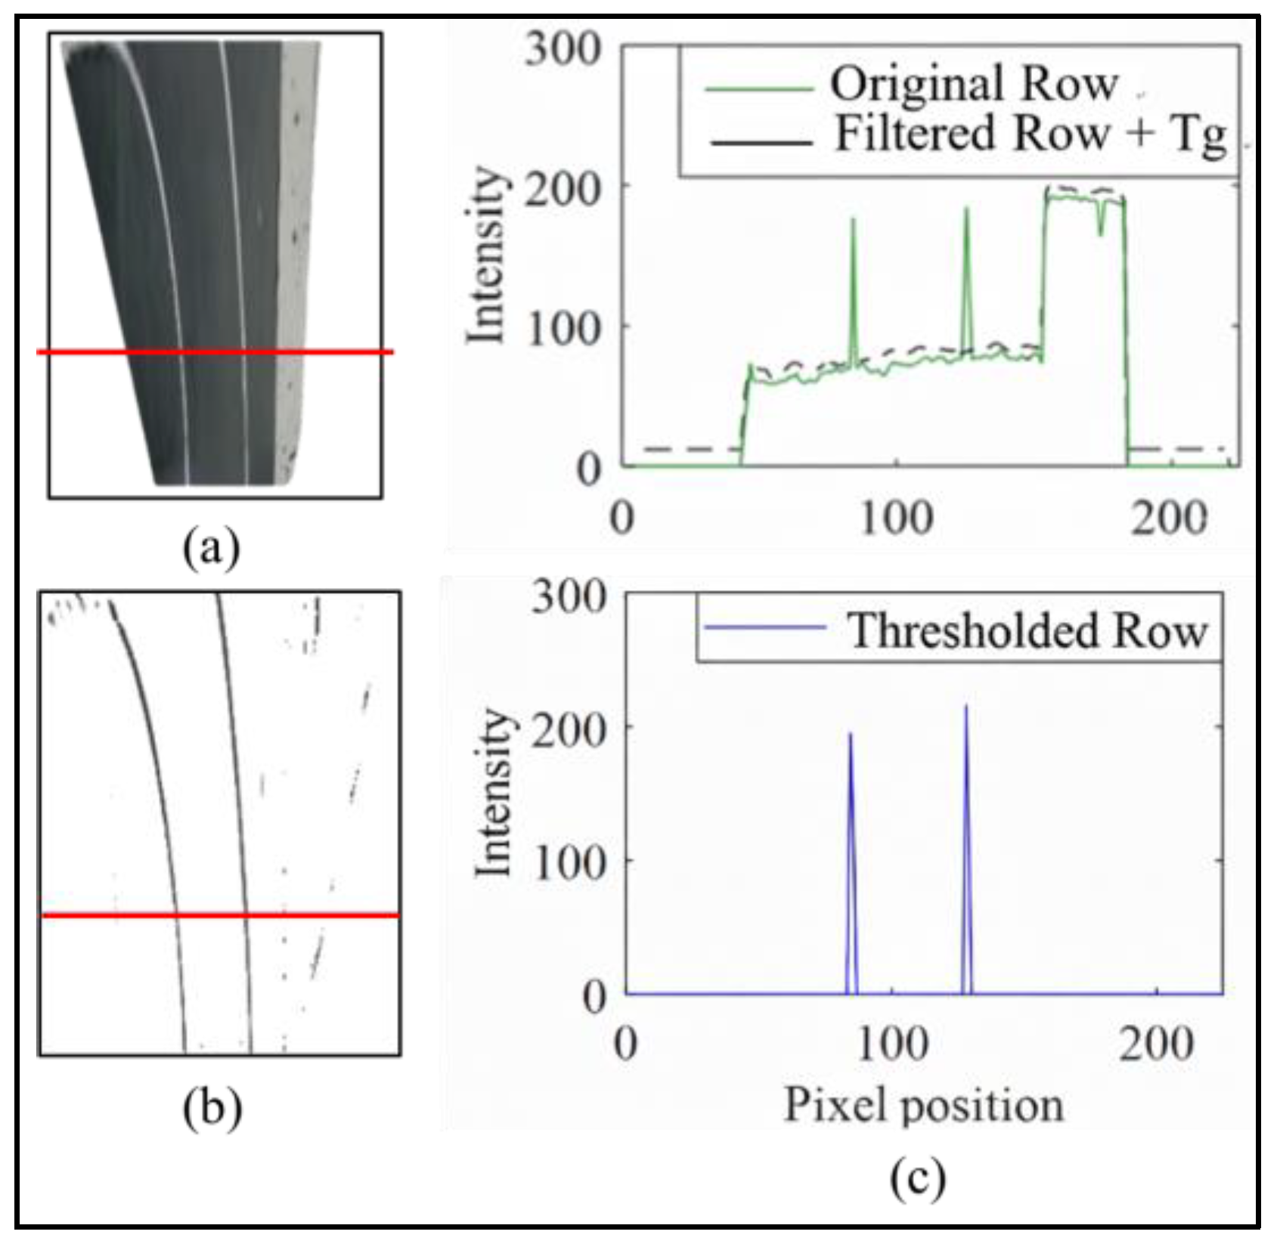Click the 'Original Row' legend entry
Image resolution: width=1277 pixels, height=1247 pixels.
[973, 85]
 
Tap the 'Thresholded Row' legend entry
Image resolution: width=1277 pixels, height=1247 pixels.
[1026, 630]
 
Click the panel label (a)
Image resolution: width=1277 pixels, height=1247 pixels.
[212, 547]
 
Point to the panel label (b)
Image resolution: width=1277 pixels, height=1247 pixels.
[212, 1109]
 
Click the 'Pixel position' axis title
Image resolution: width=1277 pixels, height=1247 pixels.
[923, 1106]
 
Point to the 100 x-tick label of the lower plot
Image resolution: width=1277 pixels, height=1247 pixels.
[892, 1045]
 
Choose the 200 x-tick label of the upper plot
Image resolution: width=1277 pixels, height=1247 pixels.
[1169, 520]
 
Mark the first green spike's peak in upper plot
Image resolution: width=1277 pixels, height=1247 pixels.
[854, 220]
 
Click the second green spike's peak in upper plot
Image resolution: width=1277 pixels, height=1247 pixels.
[966, 209]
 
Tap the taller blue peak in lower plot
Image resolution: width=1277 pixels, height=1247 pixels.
[965, 707]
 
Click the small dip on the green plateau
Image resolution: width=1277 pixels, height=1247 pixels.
[1100, 233]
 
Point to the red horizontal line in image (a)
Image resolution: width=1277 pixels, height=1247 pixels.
[215, 351]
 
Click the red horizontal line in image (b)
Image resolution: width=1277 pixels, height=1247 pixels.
[219, 915]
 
